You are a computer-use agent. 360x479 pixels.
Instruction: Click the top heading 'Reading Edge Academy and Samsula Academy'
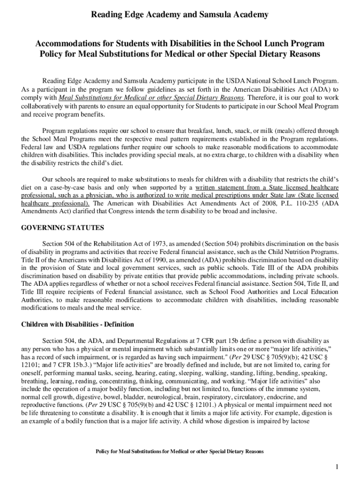click(180, 15)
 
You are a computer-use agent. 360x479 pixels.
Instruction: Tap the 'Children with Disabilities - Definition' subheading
click(78, 324)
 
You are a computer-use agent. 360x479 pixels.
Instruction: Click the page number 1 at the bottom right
click(336, 467)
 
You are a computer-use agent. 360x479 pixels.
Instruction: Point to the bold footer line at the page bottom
click(180, 451)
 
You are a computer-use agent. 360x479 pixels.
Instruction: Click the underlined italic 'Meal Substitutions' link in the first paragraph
click(151, 98)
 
